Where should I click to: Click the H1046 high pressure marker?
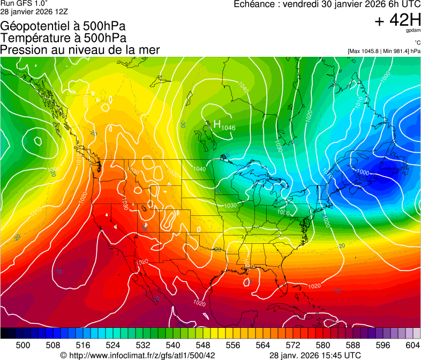[x=224, y=125]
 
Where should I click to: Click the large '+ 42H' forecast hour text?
[x=397, y=20]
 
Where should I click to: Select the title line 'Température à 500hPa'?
[x=63, y=38]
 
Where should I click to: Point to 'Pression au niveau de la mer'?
[x=80, y=50]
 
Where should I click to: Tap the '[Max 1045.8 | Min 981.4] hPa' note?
[x=384, y=51]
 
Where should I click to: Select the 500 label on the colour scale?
[x=22, y=344]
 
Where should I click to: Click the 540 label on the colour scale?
[x=173, y=344]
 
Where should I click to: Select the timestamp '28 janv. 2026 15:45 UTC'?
[x=314, y=355]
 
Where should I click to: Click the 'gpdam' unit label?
[x=413, y=31]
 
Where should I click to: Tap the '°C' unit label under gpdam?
[x=417, y=42]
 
